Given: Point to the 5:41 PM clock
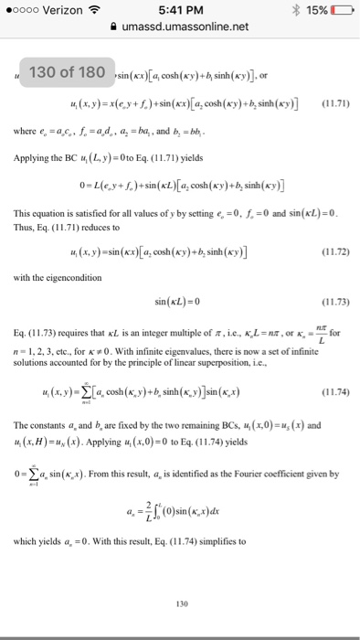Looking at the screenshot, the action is [x=180, y=10].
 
